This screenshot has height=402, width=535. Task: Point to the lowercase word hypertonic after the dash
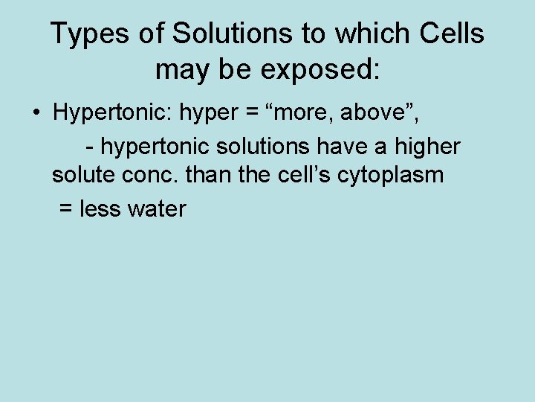(x=155, y=147)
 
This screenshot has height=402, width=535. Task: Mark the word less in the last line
(x=100, y=209)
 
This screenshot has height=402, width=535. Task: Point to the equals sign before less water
(x=65, y=210)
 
